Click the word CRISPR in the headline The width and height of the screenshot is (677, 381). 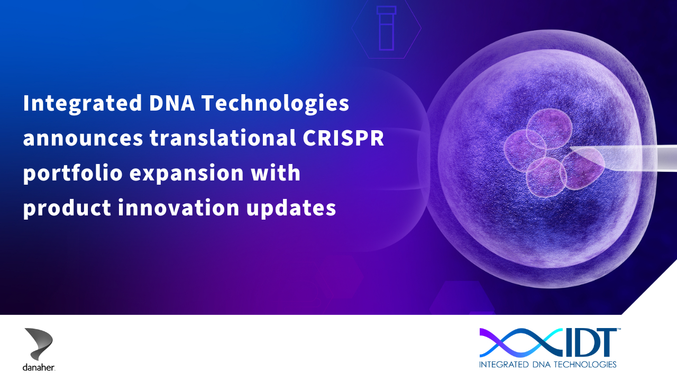[x=343, y=138]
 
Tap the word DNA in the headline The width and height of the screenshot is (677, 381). [x=172, y=103]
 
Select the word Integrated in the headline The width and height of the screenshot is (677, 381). [x=83, y=104]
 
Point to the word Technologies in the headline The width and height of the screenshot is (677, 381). [x=276, y=104]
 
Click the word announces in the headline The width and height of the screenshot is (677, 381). [x=83, y=139]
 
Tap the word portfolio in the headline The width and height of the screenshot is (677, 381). [x=73, y=173]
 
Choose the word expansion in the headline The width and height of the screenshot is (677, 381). [x=187, y=174]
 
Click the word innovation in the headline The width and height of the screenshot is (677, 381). [x=179, y=208]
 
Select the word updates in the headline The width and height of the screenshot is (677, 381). [x=291, y=208]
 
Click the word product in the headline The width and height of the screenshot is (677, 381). [x=67, y=208]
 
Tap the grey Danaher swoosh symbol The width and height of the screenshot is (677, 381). [x=39, y=344]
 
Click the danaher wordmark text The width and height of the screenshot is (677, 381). [x=39, y=367]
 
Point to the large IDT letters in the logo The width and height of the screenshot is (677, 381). [x=589, y=342]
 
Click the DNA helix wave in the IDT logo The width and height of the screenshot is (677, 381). [x=521, y=342]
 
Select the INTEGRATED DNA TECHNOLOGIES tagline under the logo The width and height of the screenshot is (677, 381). [x=547, y=365]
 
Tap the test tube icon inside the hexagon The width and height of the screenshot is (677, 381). [x=386, y=28]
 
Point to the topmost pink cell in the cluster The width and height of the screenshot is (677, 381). [x=549, y=129]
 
